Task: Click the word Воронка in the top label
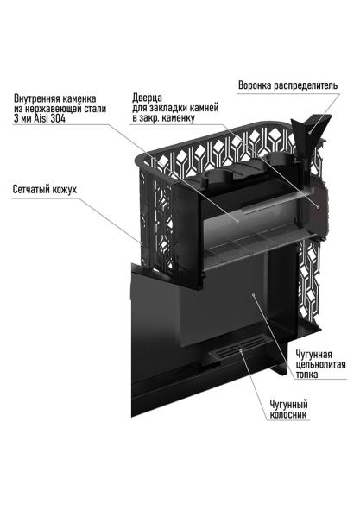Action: [x=258, y=86]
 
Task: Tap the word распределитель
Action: [x=314, y=86]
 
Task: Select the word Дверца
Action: [x=149, y=98]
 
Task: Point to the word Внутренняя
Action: [x=43, y=98]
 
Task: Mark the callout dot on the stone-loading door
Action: [x=319, y=208]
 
